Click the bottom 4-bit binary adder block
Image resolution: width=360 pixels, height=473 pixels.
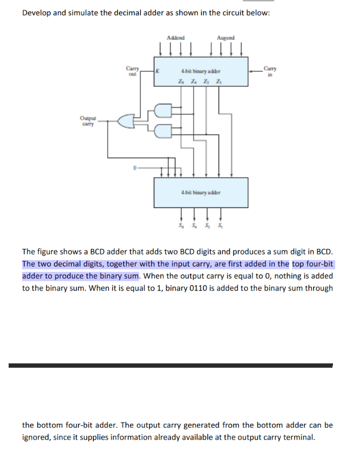tap(201, 192)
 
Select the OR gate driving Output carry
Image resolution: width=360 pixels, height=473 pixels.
tap(126, 121)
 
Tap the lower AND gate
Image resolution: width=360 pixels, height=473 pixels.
tap(162, 130)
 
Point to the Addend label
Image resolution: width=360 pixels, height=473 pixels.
tap(175, 38)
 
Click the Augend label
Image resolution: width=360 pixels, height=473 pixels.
tap(226, 38)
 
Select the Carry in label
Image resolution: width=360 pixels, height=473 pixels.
tap(270, 71)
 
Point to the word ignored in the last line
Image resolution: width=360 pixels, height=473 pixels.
tap(37, 437)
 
